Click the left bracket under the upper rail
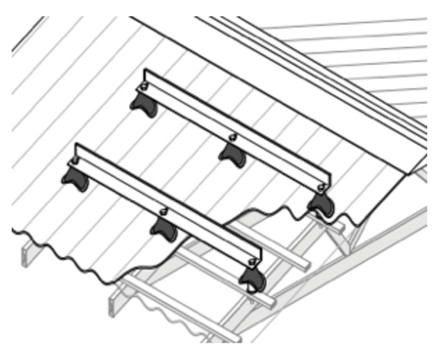(x=144, y=102)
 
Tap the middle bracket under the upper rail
(x=233, y=155)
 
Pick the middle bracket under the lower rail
(x=163, y=229)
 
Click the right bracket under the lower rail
(x=252, y=278)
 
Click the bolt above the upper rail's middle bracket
(x=233, y=137)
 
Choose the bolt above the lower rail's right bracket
(x=250, y=261)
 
